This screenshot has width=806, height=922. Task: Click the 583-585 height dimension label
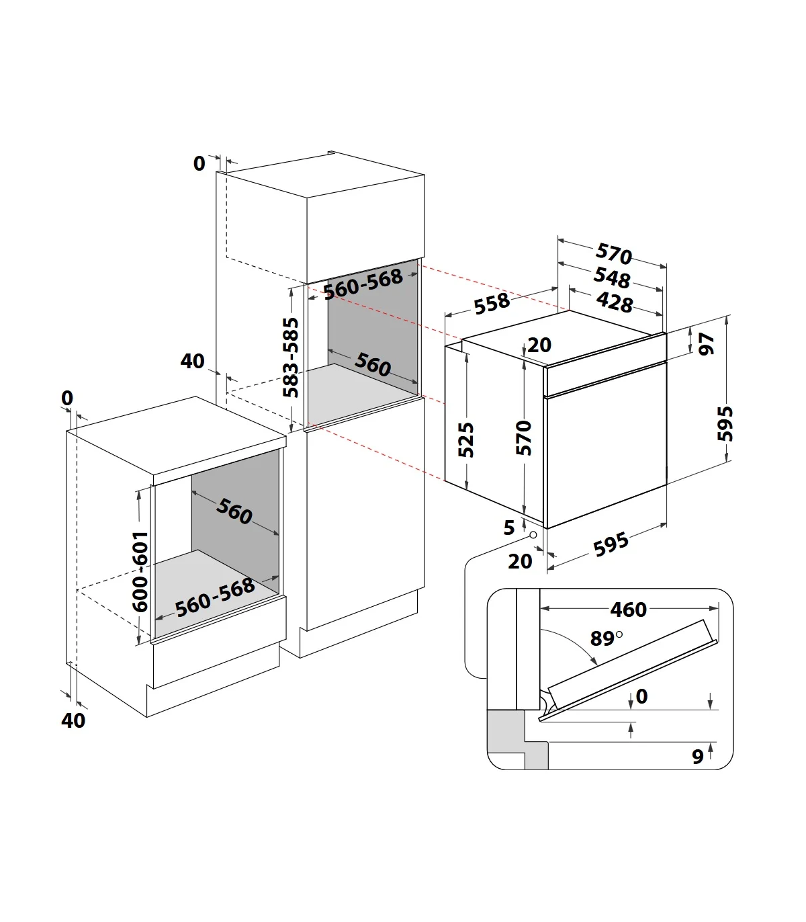point(291,358)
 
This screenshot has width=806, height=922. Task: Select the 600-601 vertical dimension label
point(140,571)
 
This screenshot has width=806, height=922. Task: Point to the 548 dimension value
point(612,277)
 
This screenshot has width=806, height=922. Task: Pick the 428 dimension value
point(615,302)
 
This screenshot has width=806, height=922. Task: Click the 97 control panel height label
point(707,343)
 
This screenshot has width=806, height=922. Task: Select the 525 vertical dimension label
point(466,439)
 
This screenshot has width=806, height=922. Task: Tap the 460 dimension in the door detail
point(628,610)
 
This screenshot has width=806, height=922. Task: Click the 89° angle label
point(606,638)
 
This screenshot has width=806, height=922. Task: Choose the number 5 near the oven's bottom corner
point(509,528)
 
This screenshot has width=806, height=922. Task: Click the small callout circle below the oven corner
point(533,535)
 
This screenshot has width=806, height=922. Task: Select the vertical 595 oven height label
point(725,423)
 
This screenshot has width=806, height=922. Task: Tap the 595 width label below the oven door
point(611,545)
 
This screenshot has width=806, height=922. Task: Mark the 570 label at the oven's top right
point(614,253)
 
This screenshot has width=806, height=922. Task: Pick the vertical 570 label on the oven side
point(524,437)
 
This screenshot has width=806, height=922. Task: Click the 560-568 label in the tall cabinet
point(363,284)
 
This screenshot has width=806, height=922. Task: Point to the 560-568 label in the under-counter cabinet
point(215,598)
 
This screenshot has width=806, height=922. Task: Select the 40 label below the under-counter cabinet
point(73,720)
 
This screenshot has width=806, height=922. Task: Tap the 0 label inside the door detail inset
point(641,696)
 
